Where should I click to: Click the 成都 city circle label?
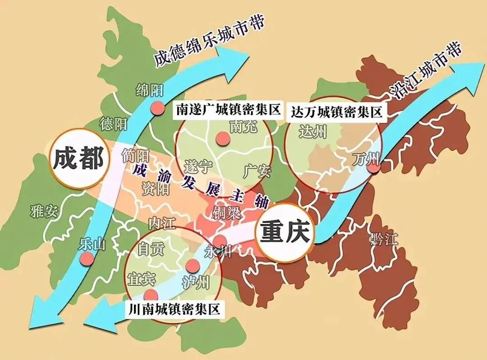click(78, 159)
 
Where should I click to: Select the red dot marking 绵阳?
click(157, 108)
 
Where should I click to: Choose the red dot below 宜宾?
click(151, 295)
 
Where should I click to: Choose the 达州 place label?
click(312, 132)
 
